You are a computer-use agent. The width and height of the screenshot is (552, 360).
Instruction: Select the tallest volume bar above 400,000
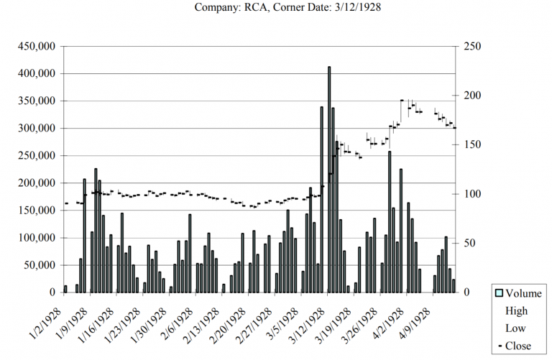coord(329,180)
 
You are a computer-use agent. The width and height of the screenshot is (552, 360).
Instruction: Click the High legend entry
coord(517,310)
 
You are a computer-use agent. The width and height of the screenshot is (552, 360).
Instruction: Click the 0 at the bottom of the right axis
coord(468,292)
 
